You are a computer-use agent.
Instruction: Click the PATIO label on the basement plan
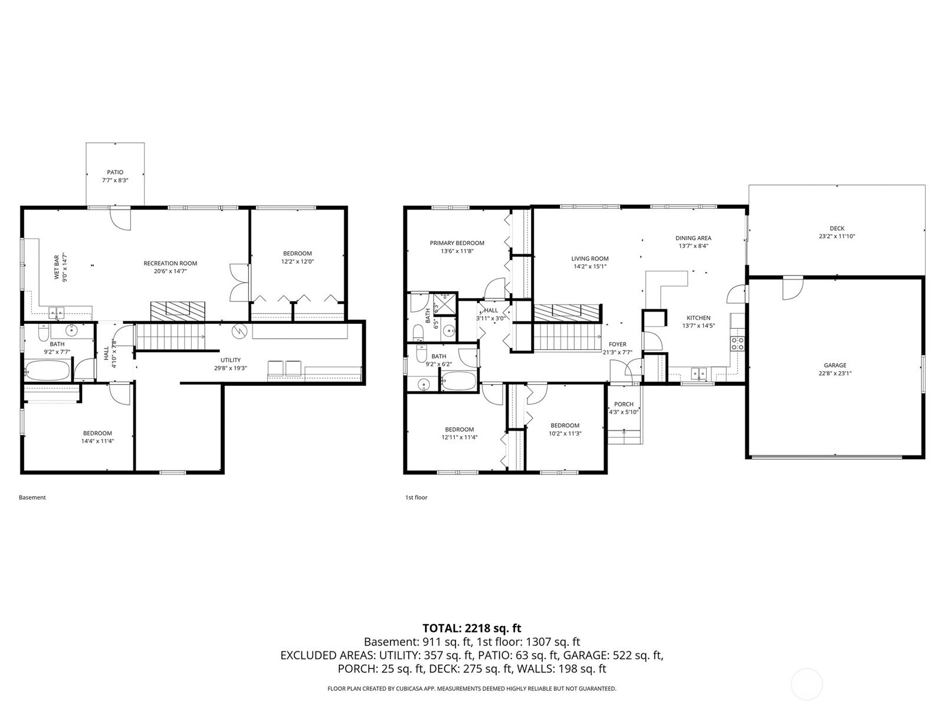(x=115, y=172)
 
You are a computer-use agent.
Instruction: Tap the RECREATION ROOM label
(x=171, y=264)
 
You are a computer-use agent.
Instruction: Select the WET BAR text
(x=56, y=267)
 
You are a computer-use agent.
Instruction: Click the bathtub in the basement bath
(x=47, y=370)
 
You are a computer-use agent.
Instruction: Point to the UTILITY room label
(x=231, y=360)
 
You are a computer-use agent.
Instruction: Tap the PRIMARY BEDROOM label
(x=457, y=243)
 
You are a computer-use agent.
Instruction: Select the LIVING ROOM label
(x=589, y=259)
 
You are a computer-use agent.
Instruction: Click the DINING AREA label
(x=693, y=238)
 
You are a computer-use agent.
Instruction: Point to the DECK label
(x=837, y=229)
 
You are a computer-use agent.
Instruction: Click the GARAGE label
(x=835, y=365)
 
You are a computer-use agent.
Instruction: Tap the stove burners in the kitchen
(x=737, y=343)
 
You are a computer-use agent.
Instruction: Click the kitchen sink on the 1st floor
(x=699, y=373)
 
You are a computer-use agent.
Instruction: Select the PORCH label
(x=624, y=405)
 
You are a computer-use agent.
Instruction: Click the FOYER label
(x=618, y=345)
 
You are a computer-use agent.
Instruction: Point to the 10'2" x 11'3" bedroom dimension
(x=565, y=433)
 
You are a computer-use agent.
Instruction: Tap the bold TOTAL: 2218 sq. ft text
(x=472, y=628)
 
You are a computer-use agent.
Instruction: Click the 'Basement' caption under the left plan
(x=32, y=497)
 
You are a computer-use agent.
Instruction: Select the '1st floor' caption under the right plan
(x=417, y=497)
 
